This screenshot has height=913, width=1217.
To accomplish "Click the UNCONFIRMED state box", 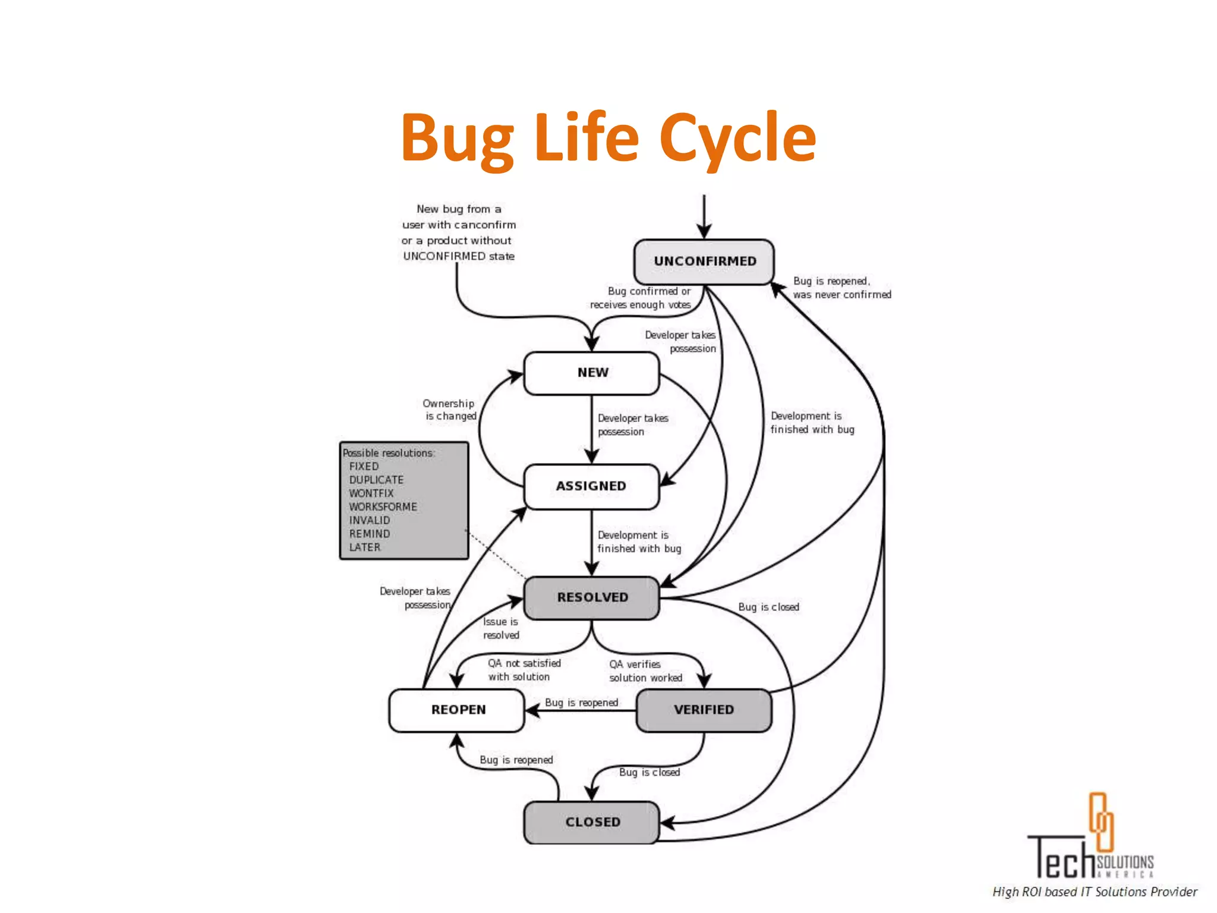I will coord(704,262).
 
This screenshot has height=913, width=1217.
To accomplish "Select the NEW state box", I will coord(592,373).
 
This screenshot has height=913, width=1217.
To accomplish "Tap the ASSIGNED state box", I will coord(591,486).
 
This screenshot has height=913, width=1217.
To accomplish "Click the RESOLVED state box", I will coord(592,597).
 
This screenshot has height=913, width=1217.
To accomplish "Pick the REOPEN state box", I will coord(458,710).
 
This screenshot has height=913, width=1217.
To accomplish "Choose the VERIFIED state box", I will coord(704,710).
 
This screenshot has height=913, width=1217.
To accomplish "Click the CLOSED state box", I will coord(592,822).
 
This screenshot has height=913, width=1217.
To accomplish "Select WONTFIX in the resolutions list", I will coord(371,493).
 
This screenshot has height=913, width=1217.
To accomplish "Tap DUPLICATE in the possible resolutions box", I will coord(376,480).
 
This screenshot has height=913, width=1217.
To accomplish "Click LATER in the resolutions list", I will coord(365,547).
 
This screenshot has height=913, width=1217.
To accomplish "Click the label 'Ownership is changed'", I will coord(450,410).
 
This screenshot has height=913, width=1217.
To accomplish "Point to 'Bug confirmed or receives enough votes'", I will coord(641,298).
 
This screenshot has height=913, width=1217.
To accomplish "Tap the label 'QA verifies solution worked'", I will coord(644,671).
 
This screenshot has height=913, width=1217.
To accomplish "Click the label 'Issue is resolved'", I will coord(500,628).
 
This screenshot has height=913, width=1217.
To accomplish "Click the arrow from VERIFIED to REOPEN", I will coord(582,710).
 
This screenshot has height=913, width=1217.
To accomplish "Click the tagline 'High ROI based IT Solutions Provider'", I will coord(1095,892).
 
